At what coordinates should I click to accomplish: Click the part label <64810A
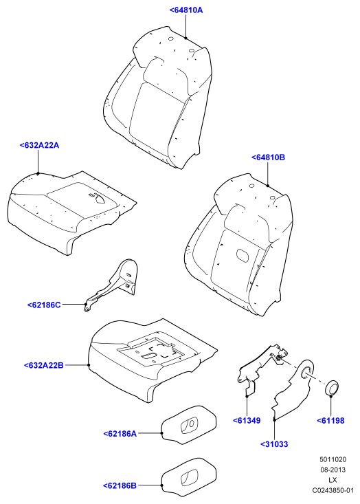186,10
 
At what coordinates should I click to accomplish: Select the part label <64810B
268,157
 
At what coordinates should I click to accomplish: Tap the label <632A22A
39,145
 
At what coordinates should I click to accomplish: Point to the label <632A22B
44,366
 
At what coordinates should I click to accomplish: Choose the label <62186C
44,305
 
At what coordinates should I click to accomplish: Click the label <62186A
120,434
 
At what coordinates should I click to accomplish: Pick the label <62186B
120,485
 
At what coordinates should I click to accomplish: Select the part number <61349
247,420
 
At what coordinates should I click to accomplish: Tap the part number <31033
274,444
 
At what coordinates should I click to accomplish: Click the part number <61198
330,420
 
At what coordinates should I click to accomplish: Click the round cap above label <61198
332,388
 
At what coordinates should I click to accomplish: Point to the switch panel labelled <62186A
188,425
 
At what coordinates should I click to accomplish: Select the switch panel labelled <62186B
188,476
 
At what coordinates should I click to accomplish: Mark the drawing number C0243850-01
333,490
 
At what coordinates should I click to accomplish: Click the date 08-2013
333,470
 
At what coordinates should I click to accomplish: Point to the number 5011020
333,459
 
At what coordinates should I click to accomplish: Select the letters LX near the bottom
333,480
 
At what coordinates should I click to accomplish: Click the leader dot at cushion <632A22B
89,365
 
